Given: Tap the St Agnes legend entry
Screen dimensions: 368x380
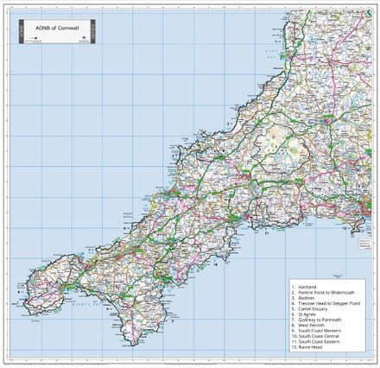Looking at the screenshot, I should tap(307, 314).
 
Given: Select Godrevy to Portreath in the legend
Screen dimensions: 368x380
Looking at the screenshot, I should tap(317, 319).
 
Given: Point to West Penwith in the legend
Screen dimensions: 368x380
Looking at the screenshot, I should tap(311, 325).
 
